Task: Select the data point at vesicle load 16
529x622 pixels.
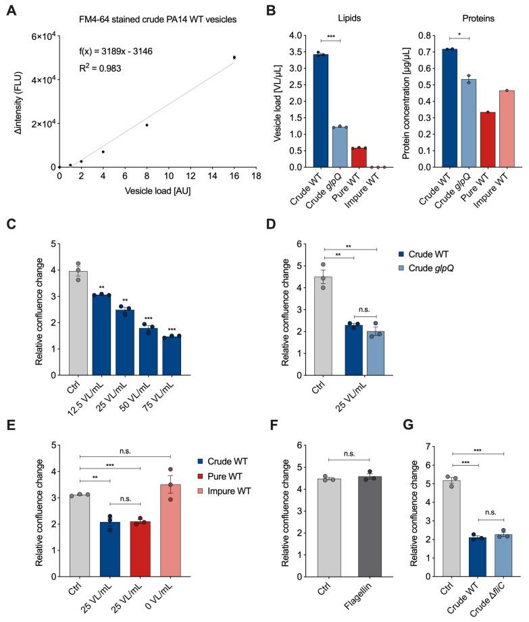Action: pyautogui.click(x=234, y=57)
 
